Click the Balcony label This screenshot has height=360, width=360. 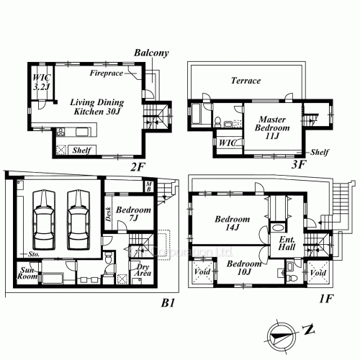[x=151, y=53]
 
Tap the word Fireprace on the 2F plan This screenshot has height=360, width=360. [x=107, y=73]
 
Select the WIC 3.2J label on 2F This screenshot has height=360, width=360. [x=42, y=82]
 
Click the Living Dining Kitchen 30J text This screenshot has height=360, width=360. [x=97, y=107]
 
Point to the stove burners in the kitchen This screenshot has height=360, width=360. [x=60, y=132]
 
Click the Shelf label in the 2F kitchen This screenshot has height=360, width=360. [x=82, y=150]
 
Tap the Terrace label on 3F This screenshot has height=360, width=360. [x=246, y=81]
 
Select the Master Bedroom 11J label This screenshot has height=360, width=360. [x=272, y=127]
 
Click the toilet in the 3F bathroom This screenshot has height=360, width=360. [x=217, y=122]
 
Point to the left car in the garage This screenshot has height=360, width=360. [x=44, y=220]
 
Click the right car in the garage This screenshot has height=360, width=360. [x=78, y=220]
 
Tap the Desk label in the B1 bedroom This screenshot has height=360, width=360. [x=109, y=214]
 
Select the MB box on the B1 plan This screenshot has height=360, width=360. [x=149, y=186]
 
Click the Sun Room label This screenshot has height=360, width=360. [x=27, y=274]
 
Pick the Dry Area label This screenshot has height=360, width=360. [x=143, y=270]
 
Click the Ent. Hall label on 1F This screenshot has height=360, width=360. [x=287, y=243]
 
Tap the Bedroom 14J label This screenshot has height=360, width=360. [x=232, y=223]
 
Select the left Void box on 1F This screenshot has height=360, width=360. [x=202, y=272]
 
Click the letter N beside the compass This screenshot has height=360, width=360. [x=308, y=330]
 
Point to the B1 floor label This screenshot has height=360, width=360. [x=168, y=303]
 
